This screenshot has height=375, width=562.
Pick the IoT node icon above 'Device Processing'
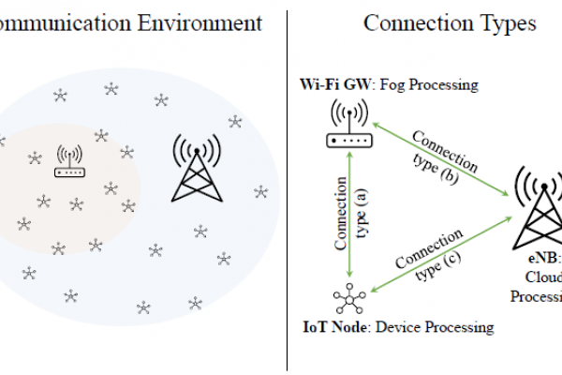coord(348,301)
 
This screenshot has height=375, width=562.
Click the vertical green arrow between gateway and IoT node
coord(348,216)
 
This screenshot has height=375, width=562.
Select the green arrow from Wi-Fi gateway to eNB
coord(440,158)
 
